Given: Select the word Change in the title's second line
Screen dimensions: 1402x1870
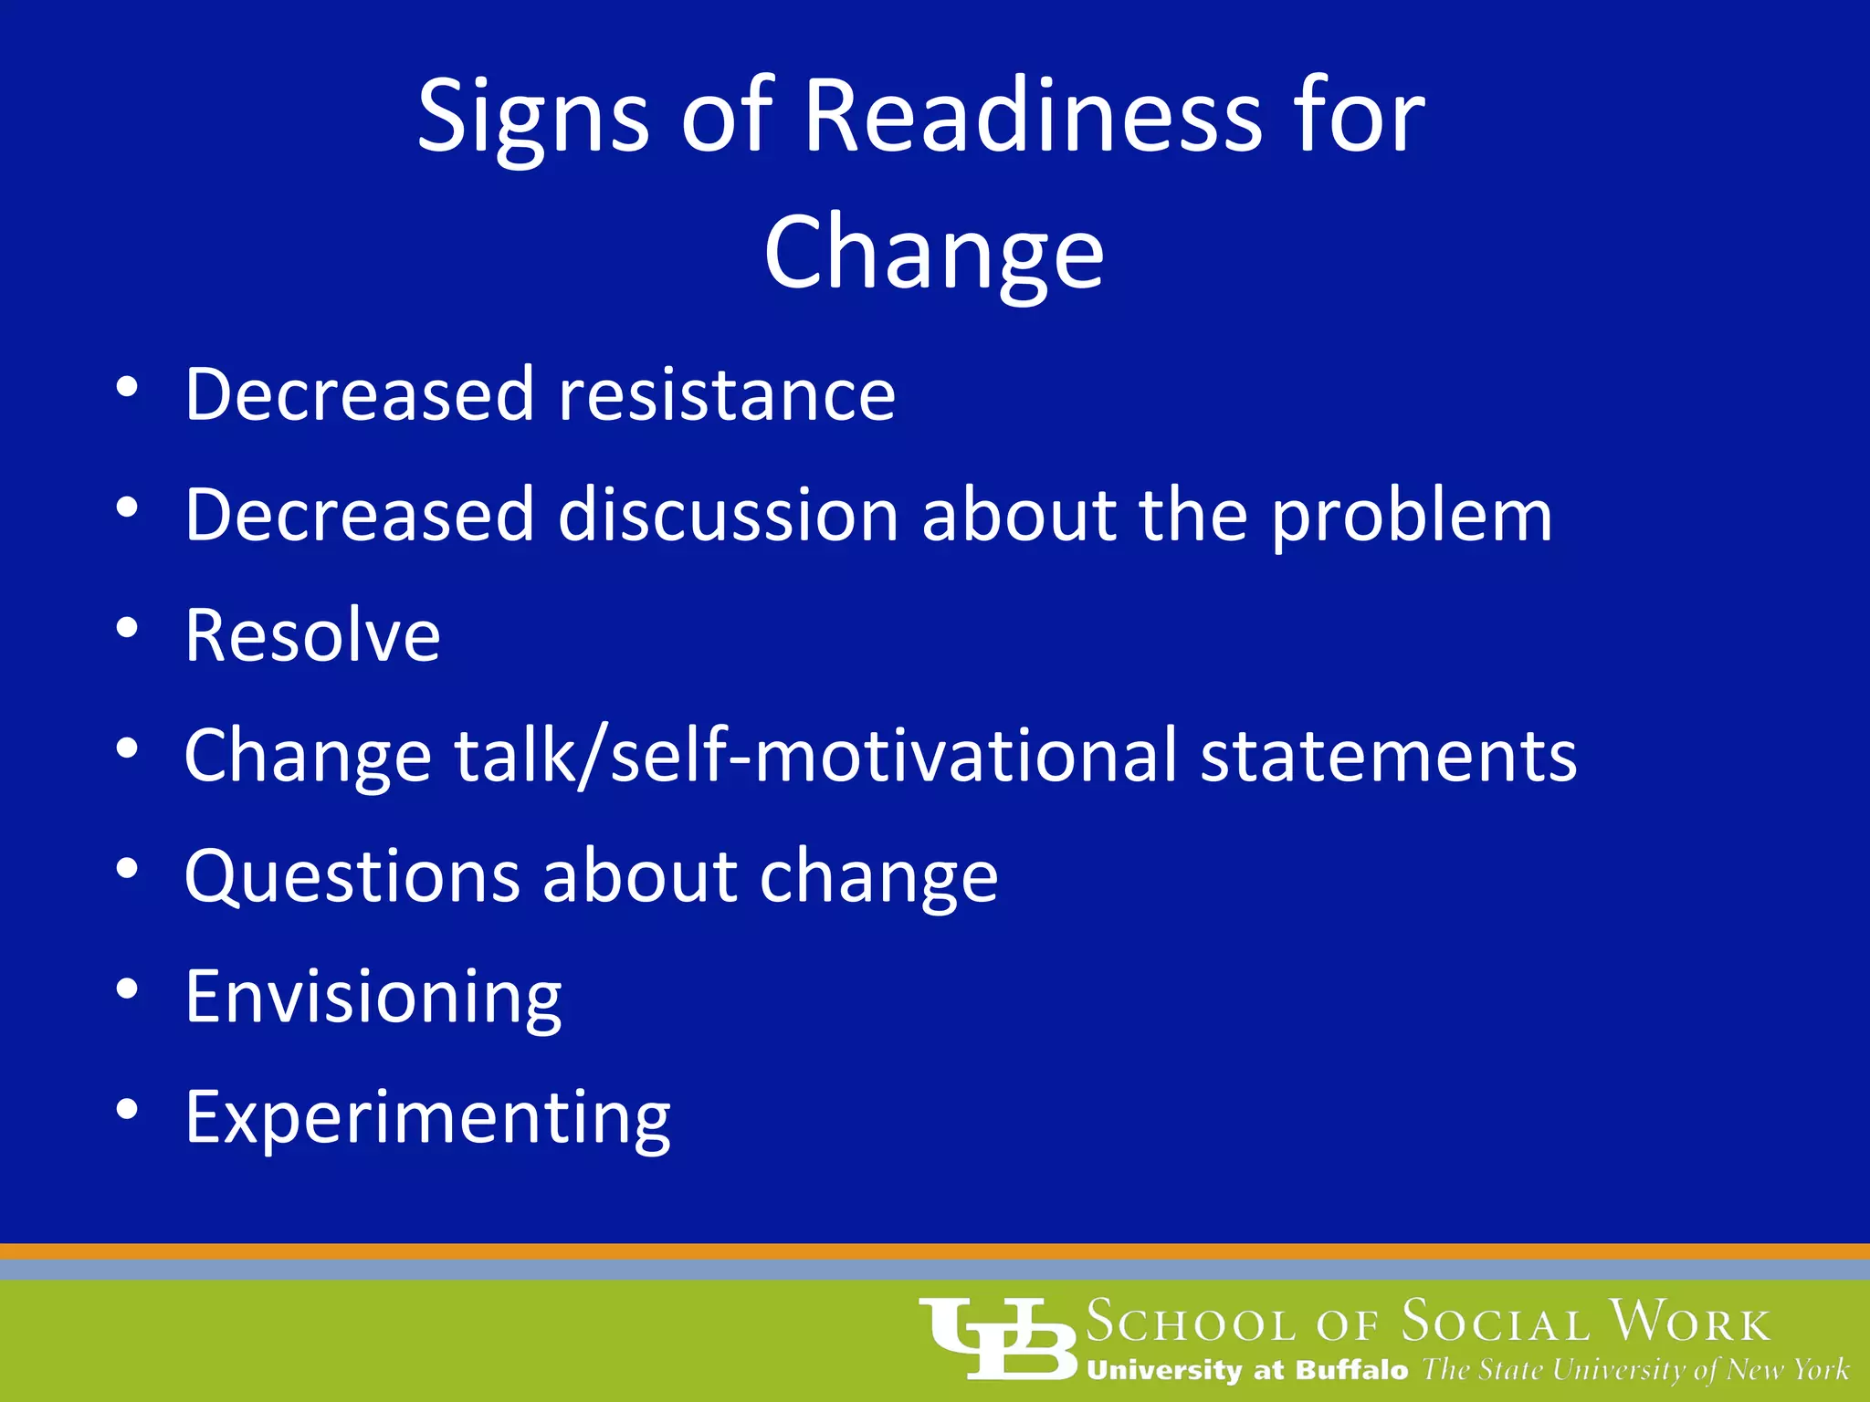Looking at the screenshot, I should tap(934, 254).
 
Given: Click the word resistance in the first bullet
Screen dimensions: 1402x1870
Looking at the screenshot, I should tap(727, 394).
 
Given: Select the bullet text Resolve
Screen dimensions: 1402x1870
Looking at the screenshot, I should tap(312, 635).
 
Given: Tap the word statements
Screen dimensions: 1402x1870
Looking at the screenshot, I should tap(1388, 756).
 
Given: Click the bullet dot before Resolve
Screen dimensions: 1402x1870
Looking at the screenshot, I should tap(127, 628).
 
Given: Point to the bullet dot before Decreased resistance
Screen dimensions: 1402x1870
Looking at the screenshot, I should tap(127, 387).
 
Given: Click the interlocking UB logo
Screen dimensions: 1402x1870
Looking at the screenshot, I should tap(999, 1338).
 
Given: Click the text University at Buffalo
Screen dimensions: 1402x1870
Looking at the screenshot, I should tap(1247, 1370).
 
